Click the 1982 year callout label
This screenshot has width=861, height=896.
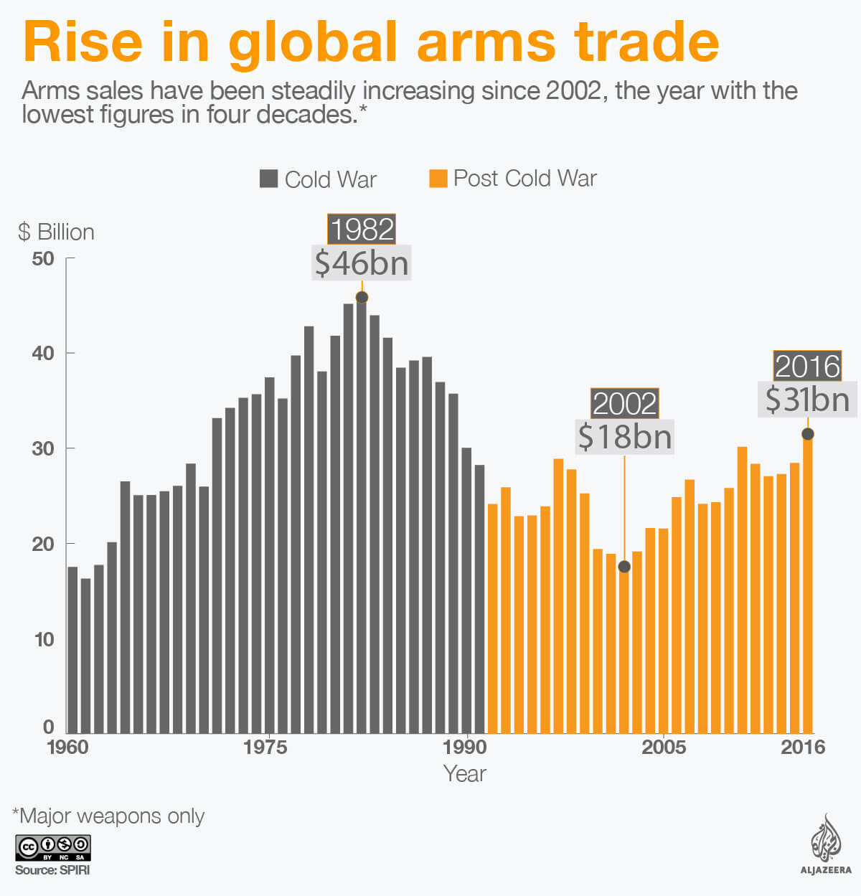point(362,230)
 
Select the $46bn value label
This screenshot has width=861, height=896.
point(362,263)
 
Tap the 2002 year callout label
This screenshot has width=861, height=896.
point(624,403)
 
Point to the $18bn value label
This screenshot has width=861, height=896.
point(624,436)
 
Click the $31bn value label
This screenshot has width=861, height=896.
point(807,399)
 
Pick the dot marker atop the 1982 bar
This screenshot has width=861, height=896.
point(362,297)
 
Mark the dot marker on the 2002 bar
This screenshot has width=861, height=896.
point(624,567)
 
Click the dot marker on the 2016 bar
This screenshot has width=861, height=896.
point(807,434)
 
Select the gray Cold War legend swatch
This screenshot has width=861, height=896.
point(268,179)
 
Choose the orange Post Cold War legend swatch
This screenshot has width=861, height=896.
point(438,178)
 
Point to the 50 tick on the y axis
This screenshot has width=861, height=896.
point(43,259)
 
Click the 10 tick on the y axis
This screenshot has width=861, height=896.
point(44,639)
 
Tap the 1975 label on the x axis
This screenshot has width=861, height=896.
point(265,748)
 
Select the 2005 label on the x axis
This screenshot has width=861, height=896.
point(663,748)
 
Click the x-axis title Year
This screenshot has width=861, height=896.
point(464,774)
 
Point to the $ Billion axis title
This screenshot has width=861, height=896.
point(56,232)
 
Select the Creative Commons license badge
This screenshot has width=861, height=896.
point(52,848)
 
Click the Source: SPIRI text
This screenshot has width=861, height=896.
point(52,870)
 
